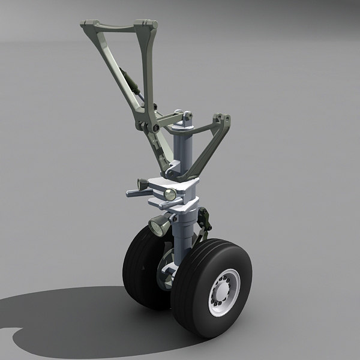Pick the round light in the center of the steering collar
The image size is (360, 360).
[x=170, y=194]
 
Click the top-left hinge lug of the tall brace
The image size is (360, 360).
[x=87, y=25]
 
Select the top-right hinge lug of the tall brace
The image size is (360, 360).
[x=146, y=25]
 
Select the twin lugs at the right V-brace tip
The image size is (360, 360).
[x=224, y=119]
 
